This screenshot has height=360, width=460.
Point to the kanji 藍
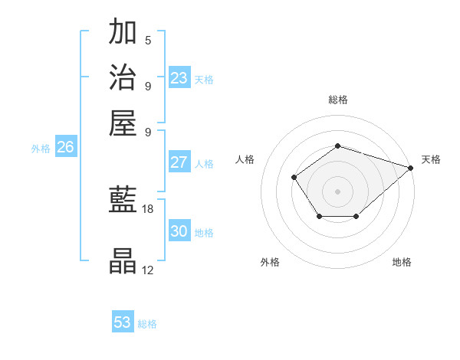tap(123, 201)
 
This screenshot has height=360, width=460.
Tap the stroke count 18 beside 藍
tap(148, 208)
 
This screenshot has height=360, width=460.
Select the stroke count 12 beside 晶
tap(148, 269)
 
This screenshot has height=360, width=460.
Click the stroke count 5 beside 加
tap(148, 40)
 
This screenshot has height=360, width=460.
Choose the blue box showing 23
tap(179, 78)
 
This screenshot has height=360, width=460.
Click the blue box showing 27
tap(179, 162)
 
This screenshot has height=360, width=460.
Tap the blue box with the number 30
tap(179, 231)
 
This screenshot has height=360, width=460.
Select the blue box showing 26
tap(65, 147)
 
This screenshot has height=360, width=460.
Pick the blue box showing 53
tap(123, 322)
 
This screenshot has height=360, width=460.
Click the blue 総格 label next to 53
tap(148, 324)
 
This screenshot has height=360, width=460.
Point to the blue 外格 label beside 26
tap(41, 149)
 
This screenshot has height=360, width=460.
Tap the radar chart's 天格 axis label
tap(432, 159)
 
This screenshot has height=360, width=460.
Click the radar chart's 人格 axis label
tap(245, 159)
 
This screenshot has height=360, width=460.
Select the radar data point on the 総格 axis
tap(337, 146)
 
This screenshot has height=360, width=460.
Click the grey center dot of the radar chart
tap(337, 191)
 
